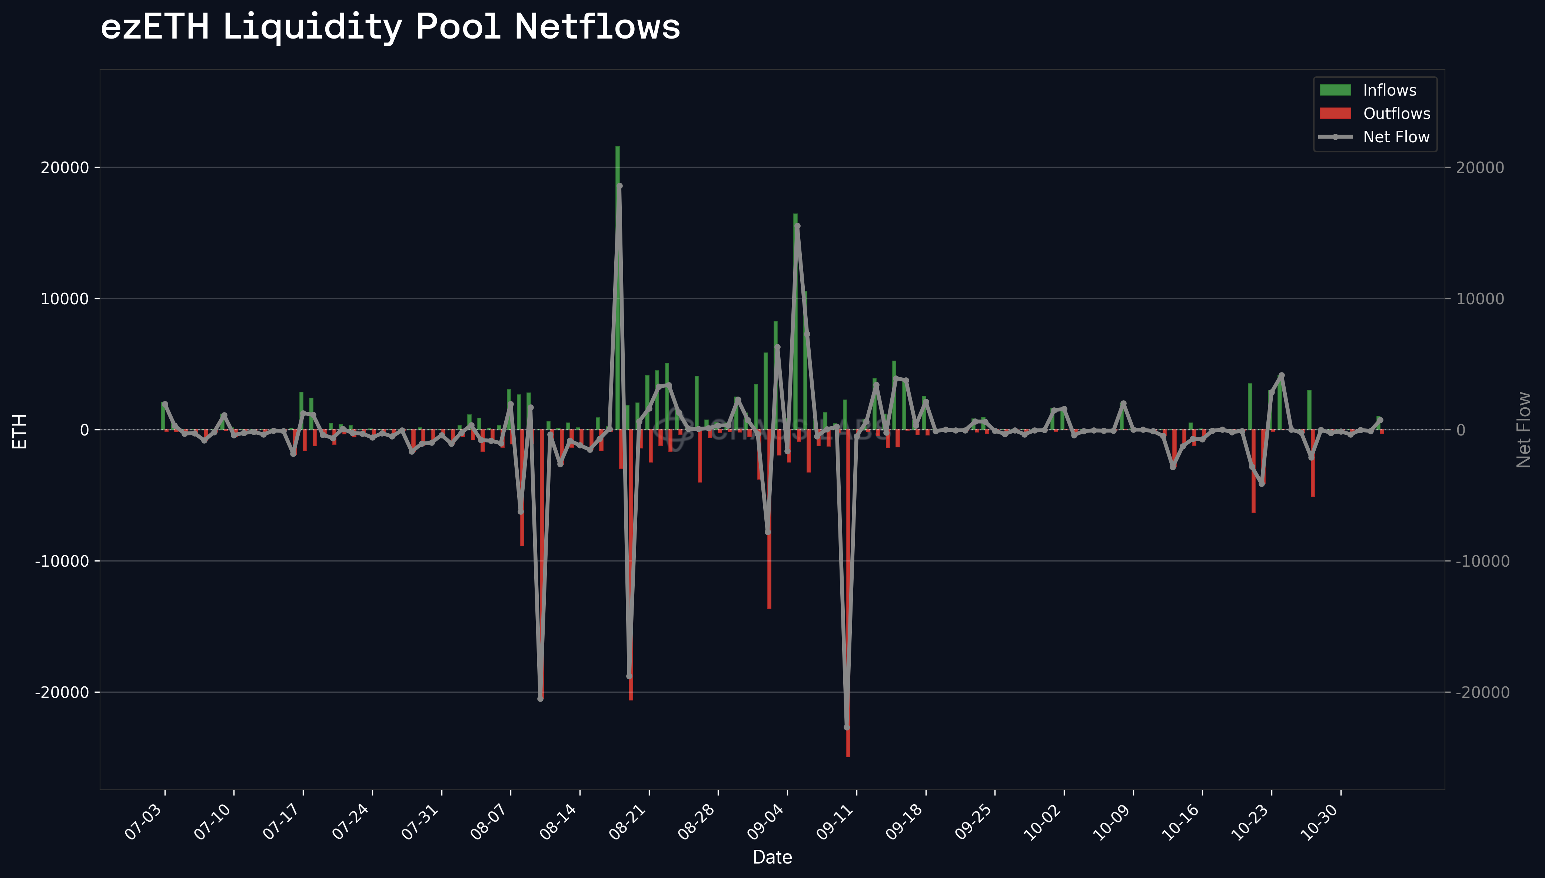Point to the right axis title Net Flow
(x=1524, y=429)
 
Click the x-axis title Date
(x=772, y=857)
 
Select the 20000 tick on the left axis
(x=64, y=168)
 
